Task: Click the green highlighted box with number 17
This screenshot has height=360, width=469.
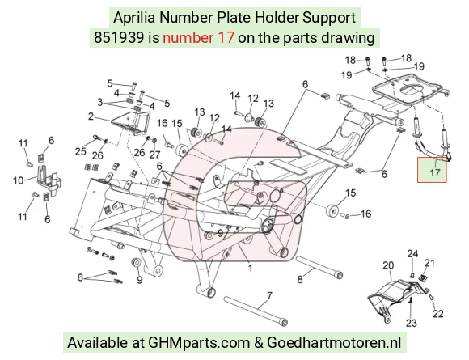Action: (433, 170)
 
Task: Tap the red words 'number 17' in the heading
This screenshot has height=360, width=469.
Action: (198, 38)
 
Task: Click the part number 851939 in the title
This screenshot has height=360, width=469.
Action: (119, 38)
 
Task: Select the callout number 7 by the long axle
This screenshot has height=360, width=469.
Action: (269, 296)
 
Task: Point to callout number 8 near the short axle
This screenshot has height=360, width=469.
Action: (300, 279)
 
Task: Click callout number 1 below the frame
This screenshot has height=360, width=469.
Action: (251, 268)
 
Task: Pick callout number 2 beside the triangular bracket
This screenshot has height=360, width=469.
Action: (91, 116)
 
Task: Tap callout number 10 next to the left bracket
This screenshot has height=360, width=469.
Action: (19, 180)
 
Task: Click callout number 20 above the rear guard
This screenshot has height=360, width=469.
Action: (388, 265)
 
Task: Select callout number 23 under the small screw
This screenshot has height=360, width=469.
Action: (412, 323)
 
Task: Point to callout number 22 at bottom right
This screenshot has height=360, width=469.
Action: (438, 314)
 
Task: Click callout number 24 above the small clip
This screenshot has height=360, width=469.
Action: (412, 254)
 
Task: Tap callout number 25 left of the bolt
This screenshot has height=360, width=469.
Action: (81, 151)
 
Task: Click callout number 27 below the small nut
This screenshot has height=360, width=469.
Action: (155, 155)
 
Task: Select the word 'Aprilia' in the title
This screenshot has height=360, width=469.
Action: (134, 18)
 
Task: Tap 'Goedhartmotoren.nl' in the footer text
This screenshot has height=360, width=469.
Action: (334, 342)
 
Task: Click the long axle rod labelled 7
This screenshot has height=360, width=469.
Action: (256, 311)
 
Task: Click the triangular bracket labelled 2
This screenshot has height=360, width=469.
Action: (130, 122)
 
